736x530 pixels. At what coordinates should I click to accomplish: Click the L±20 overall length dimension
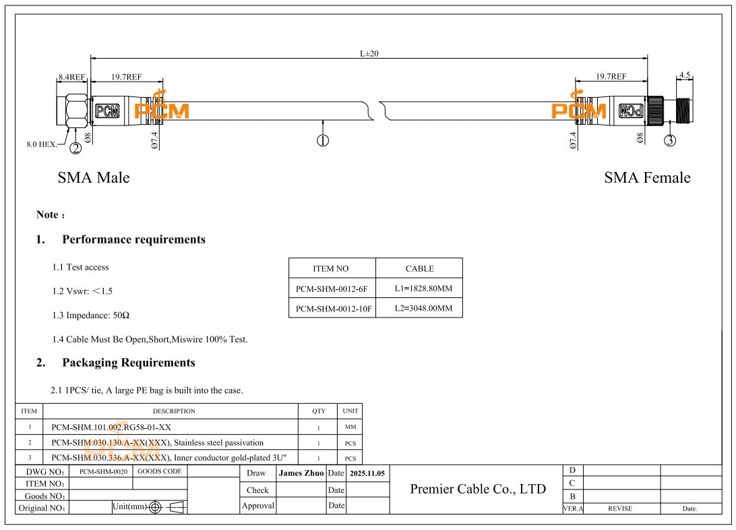coord(369,53)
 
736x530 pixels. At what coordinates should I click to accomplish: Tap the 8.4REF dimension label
coord(71,77)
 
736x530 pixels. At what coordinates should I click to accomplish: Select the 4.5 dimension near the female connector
coord(685,75)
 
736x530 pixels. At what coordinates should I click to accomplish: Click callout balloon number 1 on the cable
coord(323,140)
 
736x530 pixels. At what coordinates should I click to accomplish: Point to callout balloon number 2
coord(75,148)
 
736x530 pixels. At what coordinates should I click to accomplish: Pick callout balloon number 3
coord(669,140)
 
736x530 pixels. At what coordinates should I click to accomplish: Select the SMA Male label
coord(94,178)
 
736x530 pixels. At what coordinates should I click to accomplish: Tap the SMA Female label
coord(647,178)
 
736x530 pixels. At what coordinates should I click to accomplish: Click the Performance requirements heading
coord(133,239)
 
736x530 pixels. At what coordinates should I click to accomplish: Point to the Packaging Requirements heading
coord(129,363)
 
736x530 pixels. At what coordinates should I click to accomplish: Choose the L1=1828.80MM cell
coord(419,288)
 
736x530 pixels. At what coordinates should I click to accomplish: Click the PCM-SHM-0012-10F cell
coord(332,309)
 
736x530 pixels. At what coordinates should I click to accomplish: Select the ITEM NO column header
coord(332,268)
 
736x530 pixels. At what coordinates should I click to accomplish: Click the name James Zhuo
coord(301,473)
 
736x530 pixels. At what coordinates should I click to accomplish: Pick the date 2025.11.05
coord(367,473)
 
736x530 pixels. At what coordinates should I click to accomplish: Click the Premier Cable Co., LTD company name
coord(478,489)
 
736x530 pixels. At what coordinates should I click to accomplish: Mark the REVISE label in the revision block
coord(620,508)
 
